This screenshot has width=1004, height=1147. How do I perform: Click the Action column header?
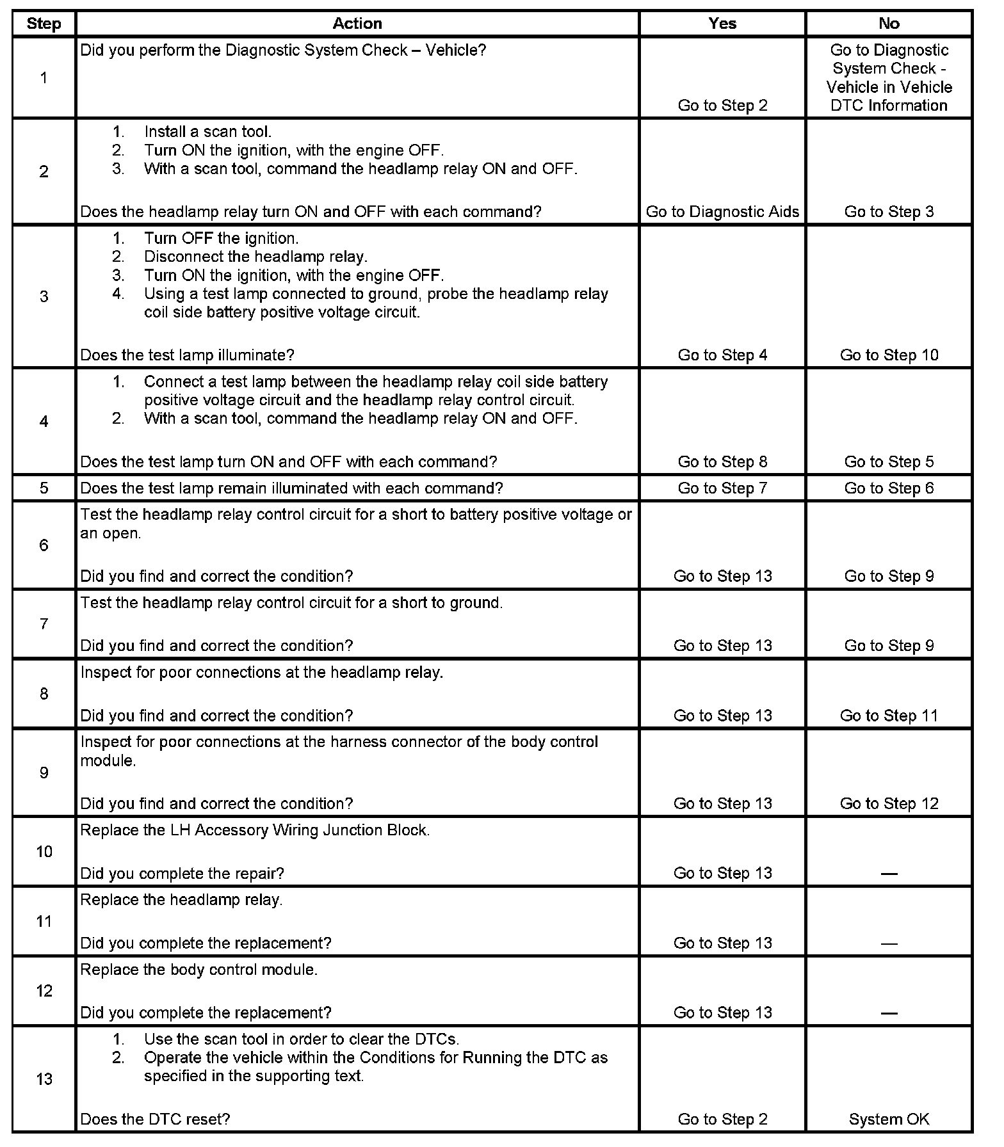[357, 24]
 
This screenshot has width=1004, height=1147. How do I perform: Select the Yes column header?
[722, 24]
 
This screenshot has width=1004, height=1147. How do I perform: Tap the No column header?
[889, 24]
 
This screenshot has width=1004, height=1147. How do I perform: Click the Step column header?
[44, 24]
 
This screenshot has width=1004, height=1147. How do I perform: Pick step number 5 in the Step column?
[44, 488]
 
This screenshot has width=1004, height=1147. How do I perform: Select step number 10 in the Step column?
[44, 851]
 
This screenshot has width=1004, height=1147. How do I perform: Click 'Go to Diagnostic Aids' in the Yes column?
[722, 212]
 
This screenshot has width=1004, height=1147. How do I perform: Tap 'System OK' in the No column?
[889, 1119]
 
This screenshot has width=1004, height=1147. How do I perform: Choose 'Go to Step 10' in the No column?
[889, 355]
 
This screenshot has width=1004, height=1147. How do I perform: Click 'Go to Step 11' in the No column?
[889, 716]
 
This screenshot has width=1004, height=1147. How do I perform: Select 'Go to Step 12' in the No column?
[889, 803]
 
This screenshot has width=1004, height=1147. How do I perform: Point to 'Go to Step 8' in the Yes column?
[722, 461]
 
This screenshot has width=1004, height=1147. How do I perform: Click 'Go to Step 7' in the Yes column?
[722, 488]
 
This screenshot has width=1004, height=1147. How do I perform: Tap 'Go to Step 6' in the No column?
[889, 488]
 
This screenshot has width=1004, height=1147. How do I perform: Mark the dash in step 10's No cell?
[889, 874]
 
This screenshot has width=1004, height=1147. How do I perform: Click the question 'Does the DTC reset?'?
[155, 1119]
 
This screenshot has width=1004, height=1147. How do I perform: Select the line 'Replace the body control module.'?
[198, 970]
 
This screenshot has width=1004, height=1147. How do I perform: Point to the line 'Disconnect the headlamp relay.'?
[255, 257]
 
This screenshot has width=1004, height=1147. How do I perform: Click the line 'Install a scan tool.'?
[207, 132]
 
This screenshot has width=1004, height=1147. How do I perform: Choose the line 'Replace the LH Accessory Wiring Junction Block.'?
[255, 830]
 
